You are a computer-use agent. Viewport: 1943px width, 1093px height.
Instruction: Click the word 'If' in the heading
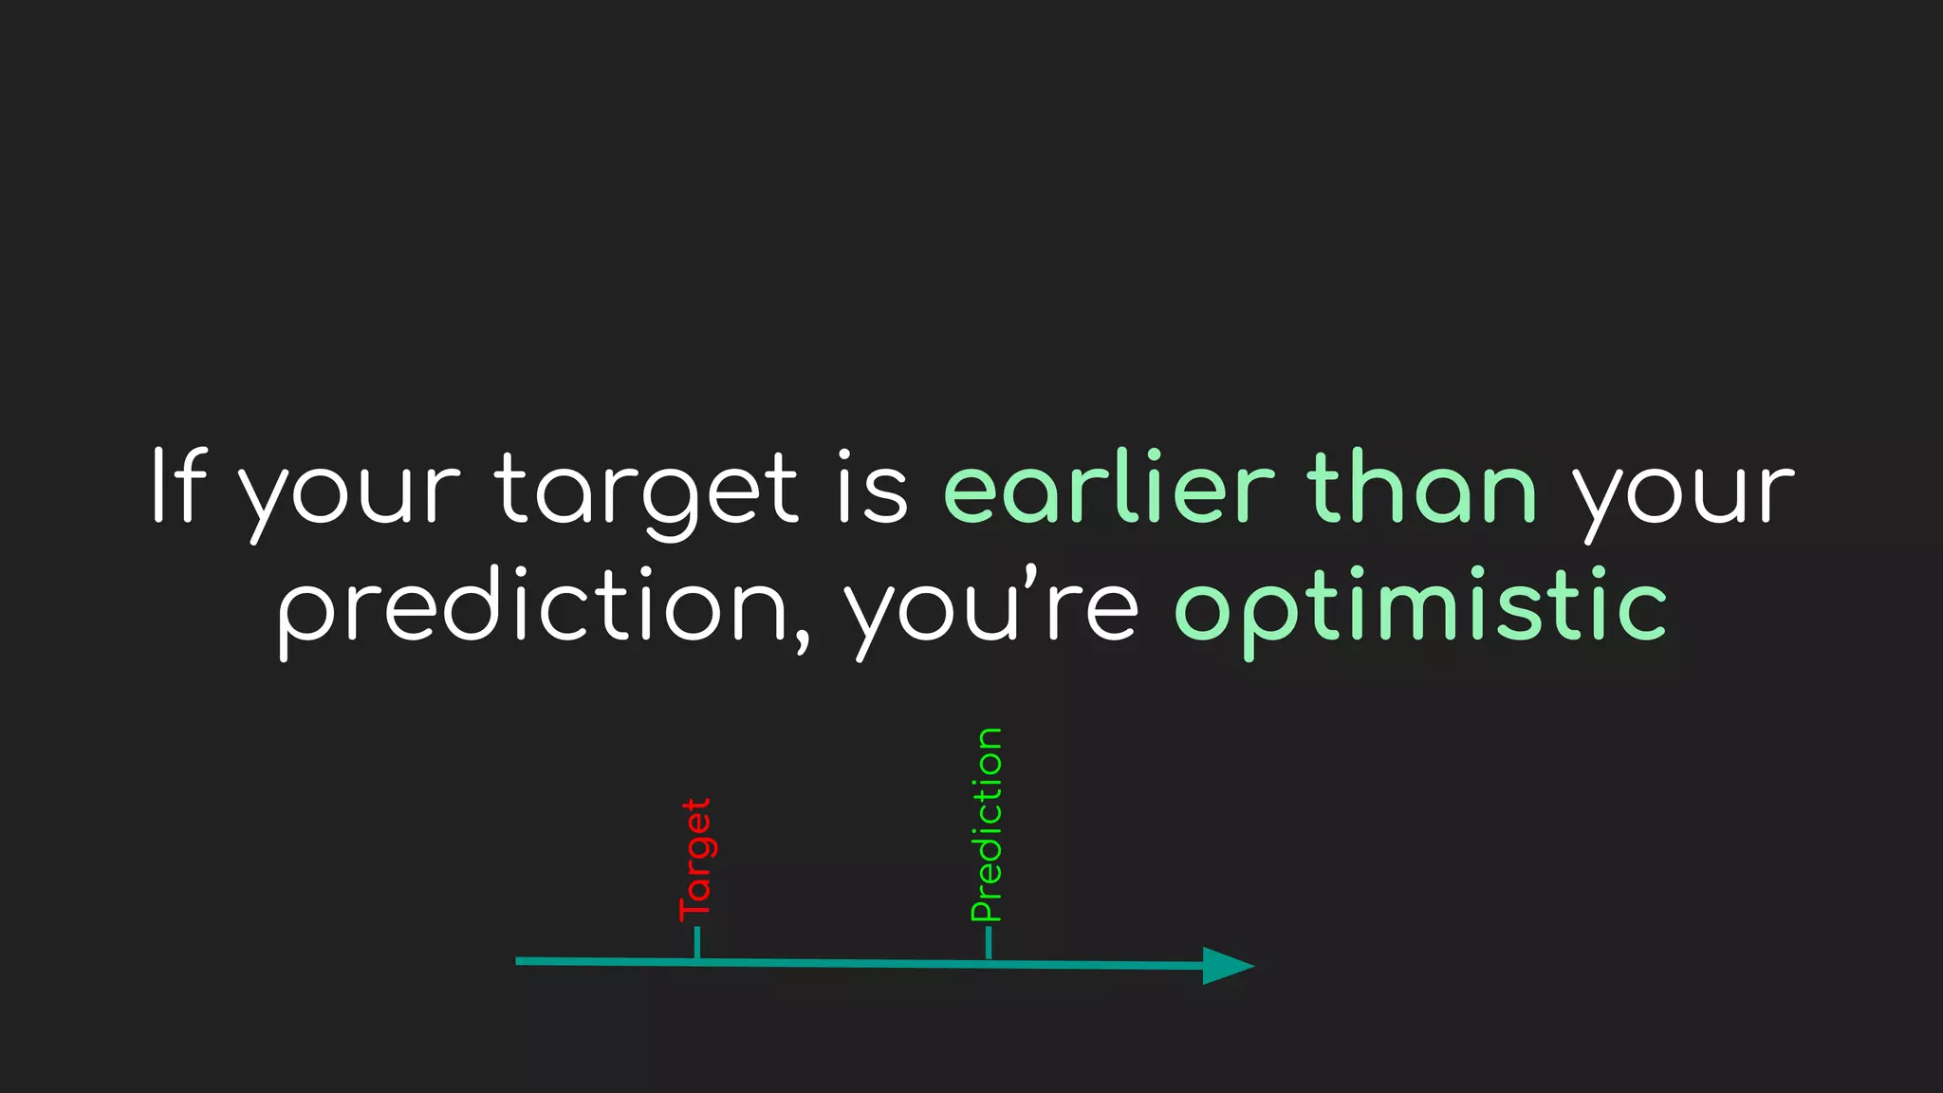(178, 486)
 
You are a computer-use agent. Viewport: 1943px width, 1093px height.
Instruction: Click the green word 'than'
(1422, 488)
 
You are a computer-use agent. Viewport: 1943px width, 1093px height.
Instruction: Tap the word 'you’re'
(991, 607)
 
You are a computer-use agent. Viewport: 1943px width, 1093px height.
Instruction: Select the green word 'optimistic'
(1420, 607)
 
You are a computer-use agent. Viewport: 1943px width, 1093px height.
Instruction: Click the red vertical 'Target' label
(695, 860)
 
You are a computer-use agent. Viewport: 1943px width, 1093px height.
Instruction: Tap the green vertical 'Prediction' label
(987, 824)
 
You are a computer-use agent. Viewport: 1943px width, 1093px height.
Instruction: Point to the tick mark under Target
(697, 943)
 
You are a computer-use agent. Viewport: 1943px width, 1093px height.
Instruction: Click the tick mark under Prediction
(989, 943)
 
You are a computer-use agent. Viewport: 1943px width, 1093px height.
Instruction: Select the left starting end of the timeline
(520, 961)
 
